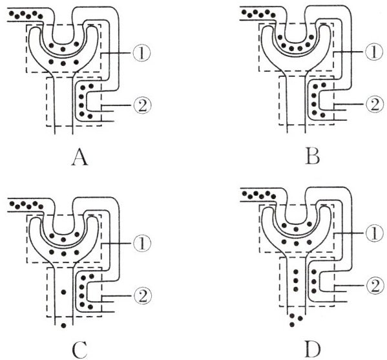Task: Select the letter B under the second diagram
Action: click(x=312, y=157)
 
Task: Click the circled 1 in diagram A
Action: click(x=141, y=53)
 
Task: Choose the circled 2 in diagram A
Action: click(x=141, y=105)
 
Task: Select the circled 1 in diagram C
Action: click(x=141, y=244)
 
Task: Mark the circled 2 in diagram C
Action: click(x=141, y=295)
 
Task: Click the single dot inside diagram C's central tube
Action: click(x=63, y=292)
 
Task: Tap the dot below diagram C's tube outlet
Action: click(x=63, y=326)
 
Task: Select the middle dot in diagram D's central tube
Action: click(x=296, y=281)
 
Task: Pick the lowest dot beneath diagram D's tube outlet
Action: click(x=292, y=324)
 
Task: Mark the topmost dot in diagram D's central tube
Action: click(x=296, y=272)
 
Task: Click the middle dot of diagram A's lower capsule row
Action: click(x=63, y=63)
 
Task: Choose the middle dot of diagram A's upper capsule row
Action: click(x=63, y=48)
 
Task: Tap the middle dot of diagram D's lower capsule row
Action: click(x=297, y=244)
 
